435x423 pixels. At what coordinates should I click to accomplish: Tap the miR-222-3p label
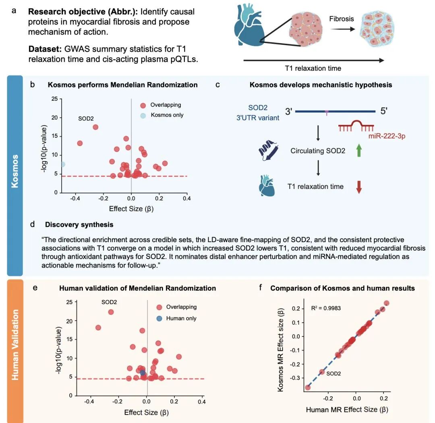pos(387,136)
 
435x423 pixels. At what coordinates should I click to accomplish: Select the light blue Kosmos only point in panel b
pos(63,164)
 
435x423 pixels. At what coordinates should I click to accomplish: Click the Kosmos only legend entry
pos(167,115)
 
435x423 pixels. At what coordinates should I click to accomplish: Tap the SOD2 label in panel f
pos(333,373)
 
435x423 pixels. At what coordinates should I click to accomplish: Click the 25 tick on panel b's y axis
pos(54,99)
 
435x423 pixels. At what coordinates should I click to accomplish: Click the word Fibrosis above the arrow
pos(341,19)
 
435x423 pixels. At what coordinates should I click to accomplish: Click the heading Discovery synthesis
pos(79,224)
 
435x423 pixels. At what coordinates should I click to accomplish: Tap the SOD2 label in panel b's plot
pos(86,119)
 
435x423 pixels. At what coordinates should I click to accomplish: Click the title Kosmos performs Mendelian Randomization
pos(122,85)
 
